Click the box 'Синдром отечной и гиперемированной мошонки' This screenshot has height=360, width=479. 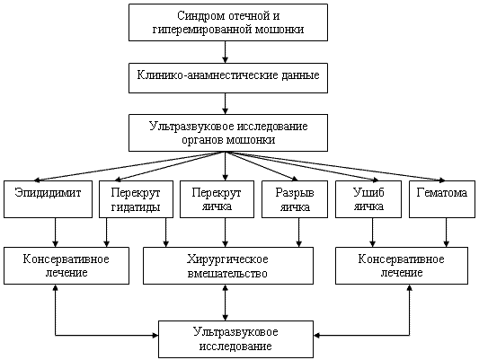pos(228,22)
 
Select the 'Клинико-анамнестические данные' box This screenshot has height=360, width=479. pos(228,78)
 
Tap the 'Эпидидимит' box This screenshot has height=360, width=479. pos(48,199)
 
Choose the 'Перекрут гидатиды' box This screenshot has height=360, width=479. pos(136,199)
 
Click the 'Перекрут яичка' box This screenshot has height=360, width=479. pos(217,199)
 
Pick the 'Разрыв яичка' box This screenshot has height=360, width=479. pos(295,199)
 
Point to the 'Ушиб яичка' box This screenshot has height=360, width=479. pos(368,199)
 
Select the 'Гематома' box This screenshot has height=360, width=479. pos(442,199)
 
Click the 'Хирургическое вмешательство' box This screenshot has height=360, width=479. pos(228,266)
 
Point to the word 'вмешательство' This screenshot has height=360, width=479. pos(227,273)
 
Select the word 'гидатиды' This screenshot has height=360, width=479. pos(136,207)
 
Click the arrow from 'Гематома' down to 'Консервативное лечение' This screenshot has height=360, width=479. pos(447,233)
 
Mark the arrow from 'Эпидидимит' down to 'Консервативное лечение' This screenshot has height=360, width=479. pos(56,233)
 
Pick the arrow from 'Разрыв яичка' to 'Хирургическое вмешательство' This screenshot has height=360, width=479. pos(298,233)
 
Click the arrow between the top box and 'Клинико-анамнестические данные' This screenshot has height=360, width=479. pos(226,52)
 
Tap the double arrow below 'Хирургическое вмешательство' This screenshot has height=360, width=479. pos(226,303)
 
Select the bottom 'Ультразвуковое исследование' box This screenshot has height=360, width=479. pos(235,339)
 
